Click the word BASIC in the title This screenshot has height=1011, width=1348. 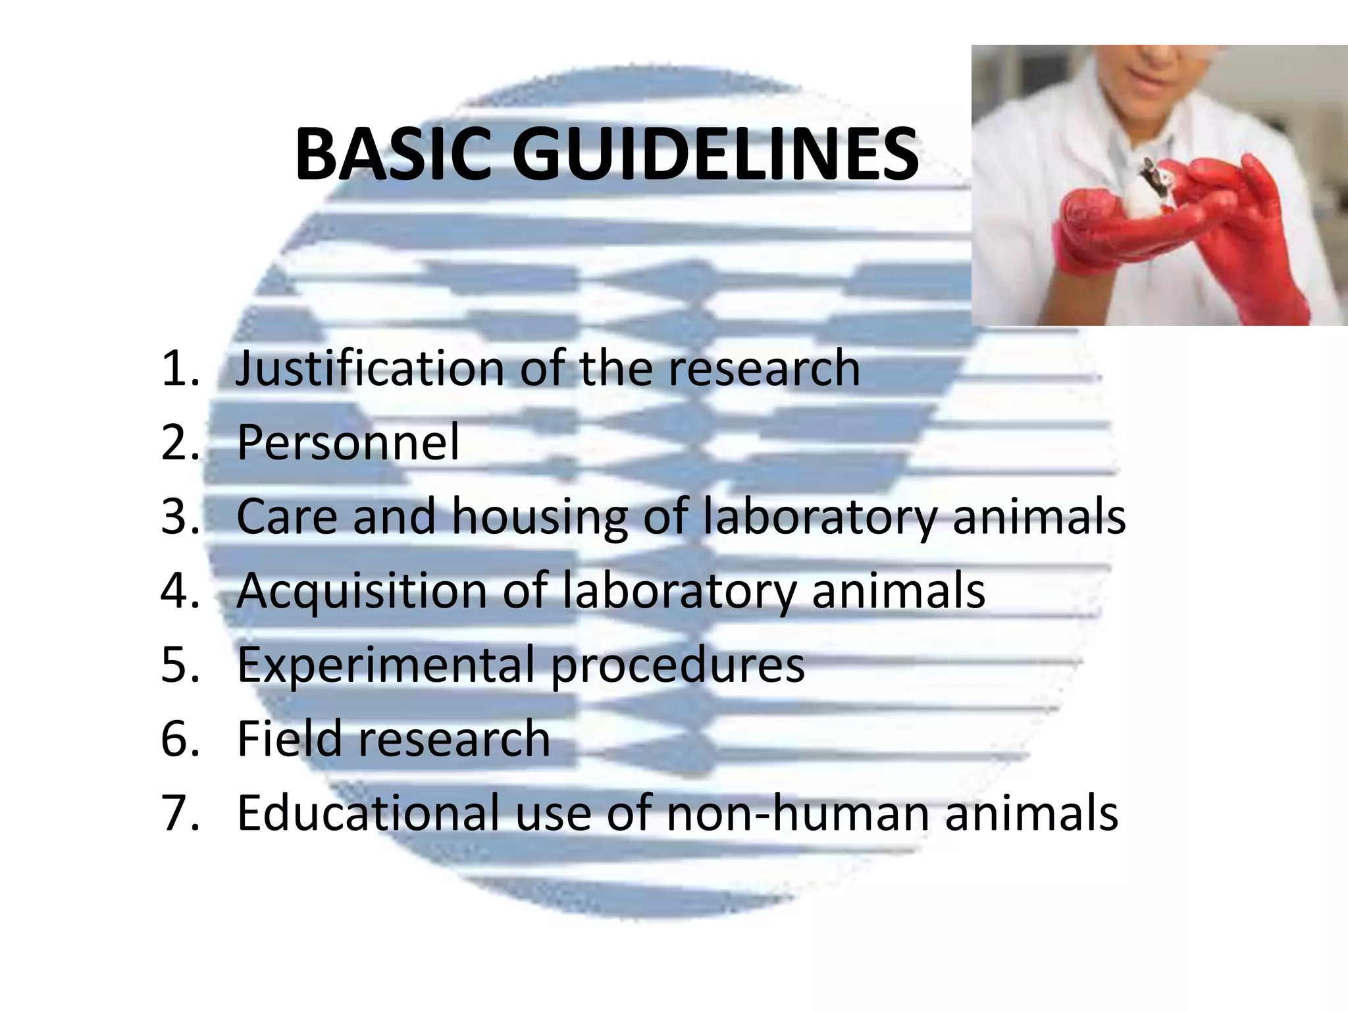(393, 155)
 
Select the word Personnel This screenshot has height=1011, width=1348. (348, 442)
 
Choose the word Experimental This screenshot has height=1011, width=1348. (386, 665)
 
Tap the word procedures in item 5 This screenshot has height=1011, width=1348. (677, 666)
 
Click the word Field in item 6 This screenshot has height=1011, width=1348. (289, 739)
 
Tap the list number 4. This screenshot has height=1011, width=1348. (179, 590)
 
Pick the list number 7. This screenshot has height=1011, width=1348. (179, 813)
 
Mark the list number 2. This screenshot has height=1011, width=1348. (179, 442)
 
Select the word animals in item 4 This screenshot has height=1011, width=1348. (898, 590)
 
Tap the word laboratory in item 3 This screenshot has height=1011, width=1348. (819, 517)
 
